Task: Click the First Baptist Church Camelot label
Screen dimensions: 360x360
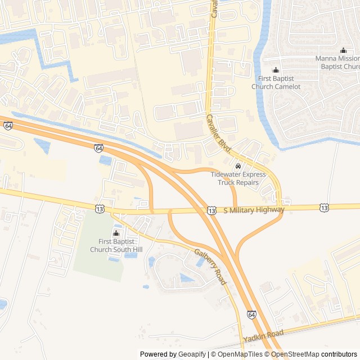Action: coord(276,83)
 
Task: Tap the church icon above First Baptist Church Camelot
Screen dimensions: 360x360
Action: coord(276,70)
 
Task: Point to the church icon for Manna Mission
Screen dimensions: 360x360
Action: coord(343,51)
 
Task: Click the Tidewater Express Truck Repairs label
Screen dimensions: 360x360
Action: coord(238,178)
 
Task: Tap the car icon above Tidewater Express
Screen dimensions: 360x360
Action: coord(238,166)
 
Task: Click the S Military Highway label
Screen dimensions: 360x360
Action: coord(254,210)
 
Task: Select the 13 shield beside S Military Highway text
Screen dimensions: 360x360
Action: coord(211,210)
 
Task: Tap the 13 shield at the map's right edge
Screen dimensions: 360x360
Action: coord(325,208)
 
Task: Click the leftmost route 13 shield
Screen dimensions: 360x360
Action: coord(100,208)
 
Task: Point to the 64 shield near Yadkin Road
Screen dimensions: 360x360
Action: coord(251,314)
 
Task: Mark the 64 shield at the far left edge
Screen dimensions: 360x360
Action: coord(7,126)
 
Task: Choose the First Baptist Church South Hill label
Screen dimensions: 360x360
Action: coord(116,245)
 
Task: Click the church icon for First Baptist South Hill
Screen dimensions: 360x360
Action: coord(116,233)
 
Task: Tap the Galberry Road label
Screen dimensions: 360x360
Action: coord(210,267)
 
